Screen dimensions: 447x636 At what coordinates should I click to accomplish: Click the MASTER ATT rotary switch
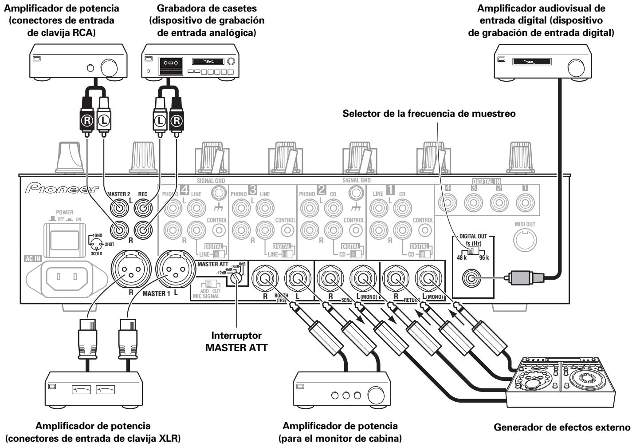pyautogui.click(x=237, y=277)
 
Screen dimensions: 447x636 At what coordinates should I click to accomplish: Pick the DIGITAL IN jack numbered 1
pyautogui.click(x=526, y=202)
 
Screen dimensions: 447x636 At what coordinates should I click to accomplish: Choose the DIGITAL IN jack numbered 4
pyautogui.click(x=448, y=202)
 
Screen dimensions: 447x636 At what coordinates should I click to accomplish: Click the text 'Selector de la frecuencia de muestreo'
pyautogui.click(x=429, y=114)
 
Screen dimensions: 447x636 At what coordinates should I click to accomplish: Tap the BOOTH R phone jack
pyautogui.click(x=265, y=279)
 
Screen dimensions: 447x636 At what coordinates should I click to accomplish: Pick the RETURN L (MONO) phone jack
pyautogui.click(x=428, y=279)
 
